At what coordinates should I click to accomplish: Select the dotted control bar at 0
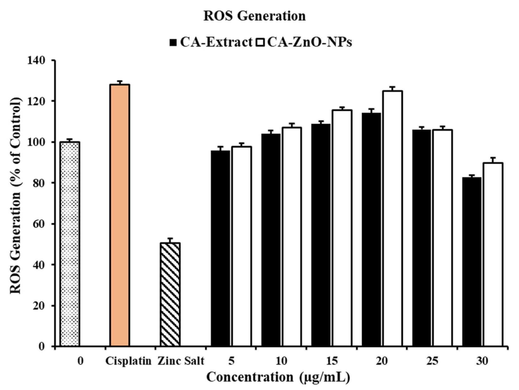click(x=70, y=244)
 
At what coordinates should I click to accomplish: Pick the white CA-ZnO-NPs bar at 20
click(x=392, y=218)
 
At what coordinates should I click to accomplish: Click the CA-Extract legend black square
click(x=173, y=43)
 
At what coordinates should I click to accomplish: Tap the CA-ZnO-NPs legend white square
click(x=260, y=43)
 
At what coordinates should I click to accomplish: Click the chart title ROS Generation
click(x=254, y=16)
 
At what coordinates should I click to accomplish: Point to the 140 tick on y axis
click(x=39, y=61)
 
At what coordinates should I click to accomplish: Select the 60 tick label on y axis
click(x=39, y=224)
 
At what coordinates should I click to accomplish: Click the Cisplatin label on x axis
click(x=128, y=361)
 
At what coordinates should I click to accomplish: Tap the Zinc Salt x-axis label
click(x=181, y=361)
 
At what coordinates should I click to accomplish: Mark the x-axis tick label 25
click(x=432, y=361)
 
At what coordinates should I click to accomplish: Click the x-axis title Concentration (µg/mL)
click(x=278, y=377)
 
